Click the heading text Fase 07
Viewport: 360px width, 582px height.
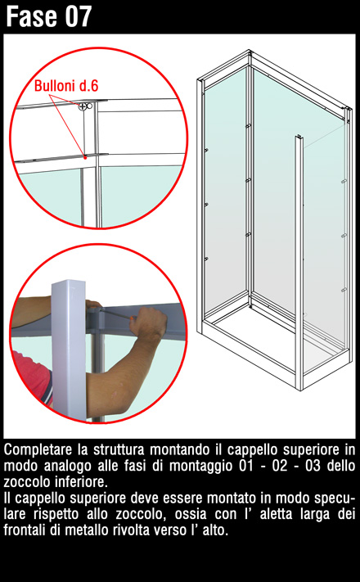tap(48, 16)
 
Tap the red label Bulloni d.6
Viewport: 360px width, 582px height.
tap(66, 86)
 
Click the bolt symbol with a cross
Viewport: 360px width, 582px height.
tap(83, 107)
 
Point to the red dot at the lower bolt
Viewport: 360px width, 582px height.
tap(85, 157)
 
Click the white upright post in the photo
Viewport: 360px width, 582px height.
tap(69, 350)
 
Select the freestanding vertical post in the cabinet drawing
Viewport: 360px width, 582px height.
tap(299, 262)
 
